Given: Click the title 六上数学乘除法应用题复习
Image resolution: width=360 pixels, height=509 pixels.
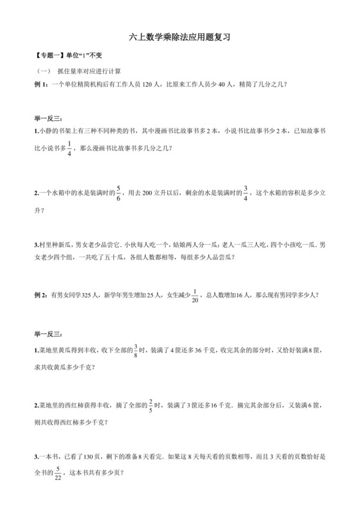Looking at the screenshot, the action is [x=179, y=38].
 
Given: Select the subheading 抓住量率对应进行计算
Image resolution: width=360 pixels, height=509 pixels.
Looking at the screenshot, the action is [x=89, y=71].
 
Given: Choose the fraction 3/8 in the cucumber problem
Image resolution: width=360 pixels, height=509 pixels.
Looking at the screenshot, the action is [x=136, y=350].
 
